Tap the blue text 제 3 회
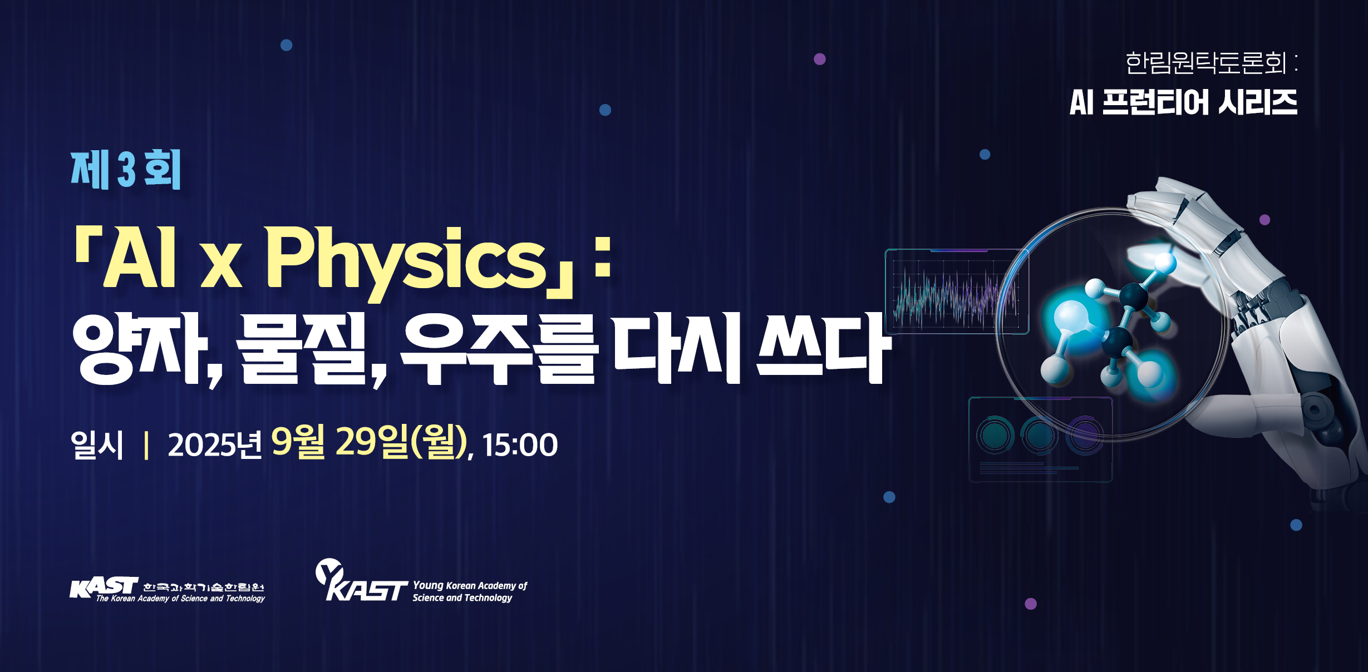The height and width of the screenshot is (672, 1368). point(126,170)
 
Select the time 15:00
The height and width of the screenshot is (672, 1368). point(520,445)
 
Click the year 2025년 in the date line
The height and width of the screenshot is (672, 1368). point(215,445)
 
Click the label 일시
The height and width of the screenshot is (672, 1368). point(97,444)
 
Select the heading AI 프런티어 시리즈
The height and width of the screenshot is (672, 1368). point(1183,102)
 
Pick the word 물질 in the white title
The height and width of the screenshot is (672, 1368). point(303,349)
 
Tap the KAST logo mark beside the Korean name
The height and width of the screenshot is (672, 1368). point(104,587)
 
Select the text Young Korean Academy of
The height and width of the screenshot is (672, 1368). point(470,586)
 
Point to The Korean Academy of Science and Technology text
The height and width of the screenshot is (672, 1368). point(180,599)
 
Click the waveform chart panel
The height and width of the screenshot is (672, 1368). point(956,291)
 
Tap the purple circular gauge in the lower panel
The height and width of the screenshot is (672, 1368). point(1084,436)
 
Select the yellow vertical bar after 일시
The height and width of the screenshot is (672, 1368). point(146,445)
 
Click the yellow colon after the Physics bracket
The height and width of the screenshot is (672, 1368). point(603,257)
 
